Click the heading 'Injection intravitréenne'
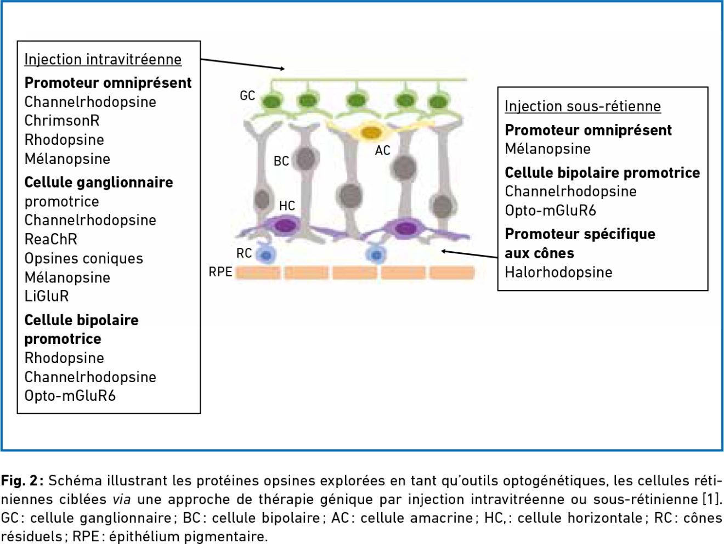[103, 60]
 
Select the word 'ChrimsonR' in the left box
[62, 121]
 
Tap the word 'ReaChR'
[51, 239]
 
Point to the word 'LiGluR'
[47, 296]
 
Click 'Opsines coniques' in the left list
[84, 258]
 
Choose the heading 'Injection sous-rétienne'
[583, 106]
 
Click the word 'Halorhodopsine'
[558, 273]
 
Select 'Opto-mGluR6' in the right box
[551, 211]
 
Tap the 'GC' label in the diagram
[247, 95]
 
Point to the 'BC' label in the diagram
[281, 161]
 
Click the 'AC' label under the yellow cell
[383, 150]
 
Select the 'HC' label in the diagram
[287, 206]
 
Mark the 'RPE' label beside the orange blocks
[220, 272]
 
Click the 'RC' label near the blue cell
[244, 253]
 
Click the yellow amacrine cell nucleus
[371, 133]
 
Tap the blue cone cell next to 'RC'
[266, 255]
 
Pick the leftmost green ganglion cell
[272, 101]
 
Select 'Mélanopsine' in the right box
[548, 149]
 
